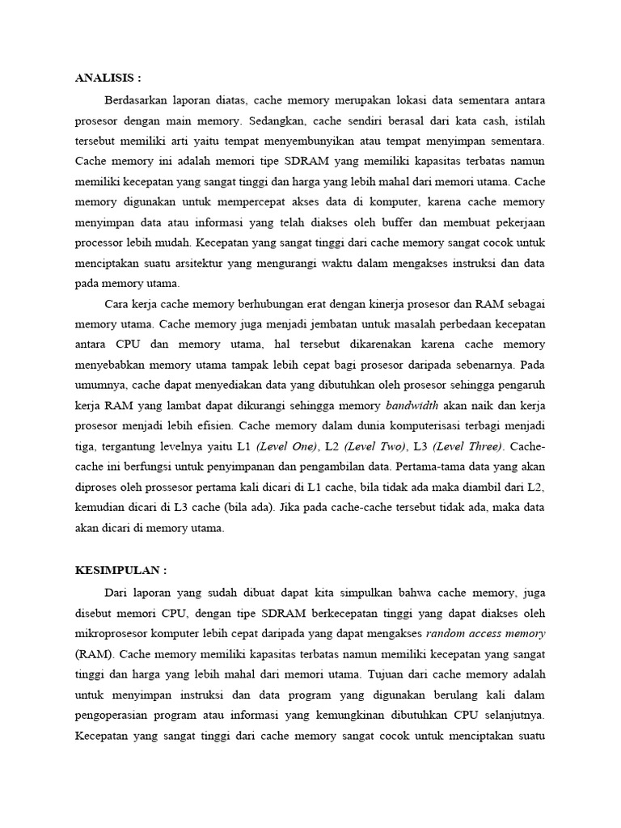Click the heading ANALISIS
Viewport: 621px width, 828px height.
click(108, 78)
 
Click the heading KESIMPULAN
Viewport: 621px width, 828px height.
click(120, 570)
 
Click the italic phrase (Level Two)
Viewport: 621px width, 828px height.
click(374, 446)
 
